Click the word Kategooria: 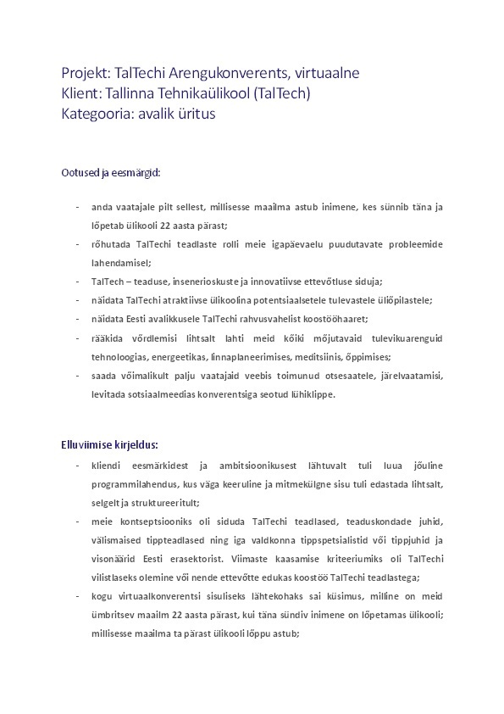(96, 114)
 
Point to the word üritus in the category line (197, 113)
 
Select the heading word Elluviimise (87, 443)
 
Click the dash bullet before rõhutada (78, 244)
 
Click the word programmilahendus (136, 483)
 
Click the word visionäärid (114, 558)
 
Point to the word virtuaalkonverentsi (164, 595)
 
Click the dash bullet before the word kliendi (78, 465)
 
